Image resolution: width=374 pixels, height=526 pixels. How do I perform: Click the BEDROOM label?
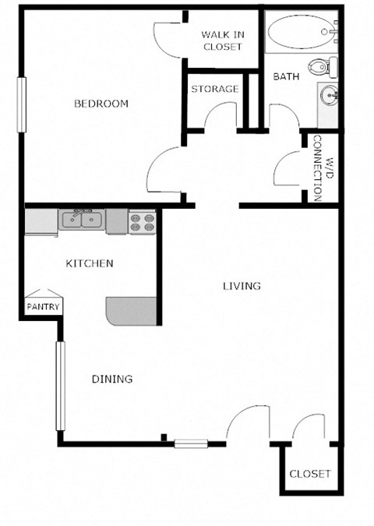[101, 104]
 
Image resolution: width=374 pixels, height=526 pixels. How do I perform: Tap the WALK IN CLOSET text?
[222, 41]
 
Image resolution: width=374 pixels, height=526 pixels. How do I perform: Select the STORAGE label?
[215, 89]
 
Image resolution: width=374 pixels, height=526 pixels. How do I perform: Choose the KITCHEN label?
[90, 263]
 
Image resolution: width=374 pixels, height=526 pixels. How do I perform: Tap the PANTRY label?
[43, 307]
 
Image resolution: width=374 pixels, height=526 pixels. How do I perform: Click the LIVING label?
[242, 286]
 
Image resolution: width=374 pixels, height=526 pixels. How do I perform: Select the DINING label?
[112, 379]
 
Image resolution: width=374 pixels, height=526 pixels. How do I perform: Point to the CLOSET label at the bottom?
[310, 474]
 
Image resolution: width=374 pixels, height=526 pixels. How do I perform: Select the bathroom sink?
[328, 97]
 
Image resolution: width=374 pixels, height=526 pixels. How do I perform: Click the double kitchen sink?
[83, 220]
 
